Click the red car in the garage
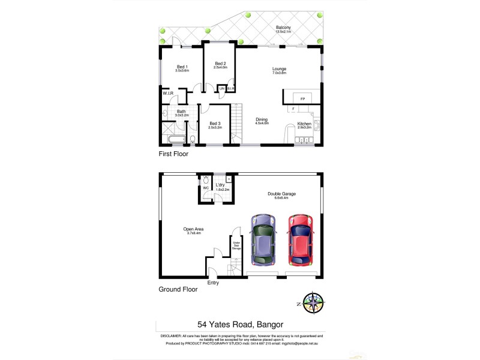click(299, 239)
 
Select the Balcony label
click(284, 29)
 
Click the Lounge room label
click(278, 70)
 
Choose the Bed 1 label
click(182, 68)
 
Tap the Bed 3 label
click(215, 125)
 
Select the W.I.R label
click(167, 94)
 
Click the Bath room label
click(181, 112)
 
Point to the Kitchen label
click(305, 125)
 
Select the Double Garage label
click(281, 195)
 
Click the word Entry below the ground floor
click(213, 283)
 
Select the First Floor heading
click(173, 154)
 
